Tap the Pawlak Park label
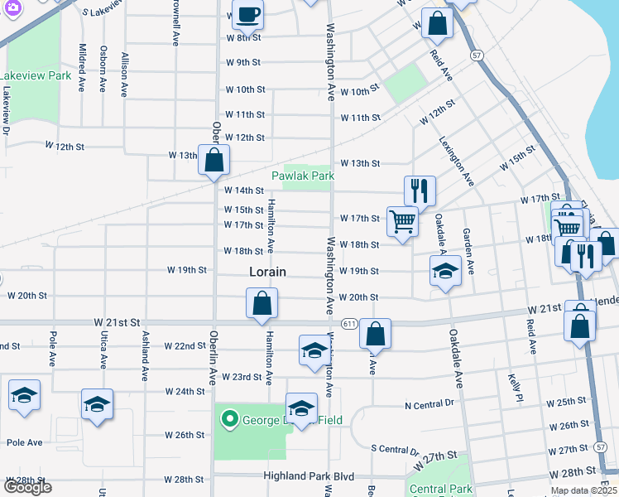303,176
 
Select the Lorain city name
267,272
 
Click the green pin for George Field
230,420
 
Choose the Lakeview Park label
35,75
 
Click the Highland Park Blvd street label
309,476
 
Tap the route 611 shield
348,322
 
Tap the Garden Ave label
468,251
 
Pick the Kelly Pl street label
513,388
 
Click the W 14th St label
244,191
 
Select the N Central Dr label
429,404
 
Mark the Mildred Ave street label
82,67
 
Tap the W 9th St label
243,62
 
